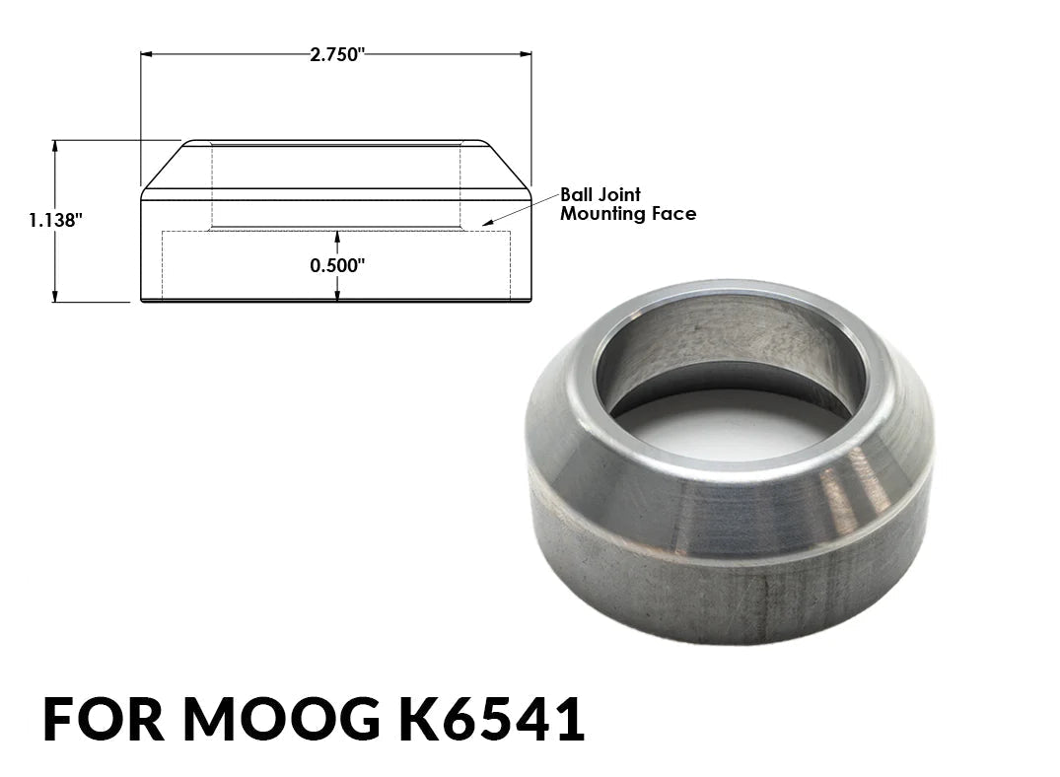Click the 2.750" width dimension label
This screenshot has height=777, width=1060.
[336, 55]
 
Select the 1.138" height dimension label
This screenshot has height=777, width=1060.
[55, 221]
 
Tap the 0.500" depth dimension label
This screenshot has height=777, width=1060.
[337, 265]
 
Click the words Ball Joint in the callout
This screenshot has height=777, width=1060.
[601, 195]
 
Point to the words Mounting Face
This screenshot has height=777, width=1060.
[628, 214]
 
